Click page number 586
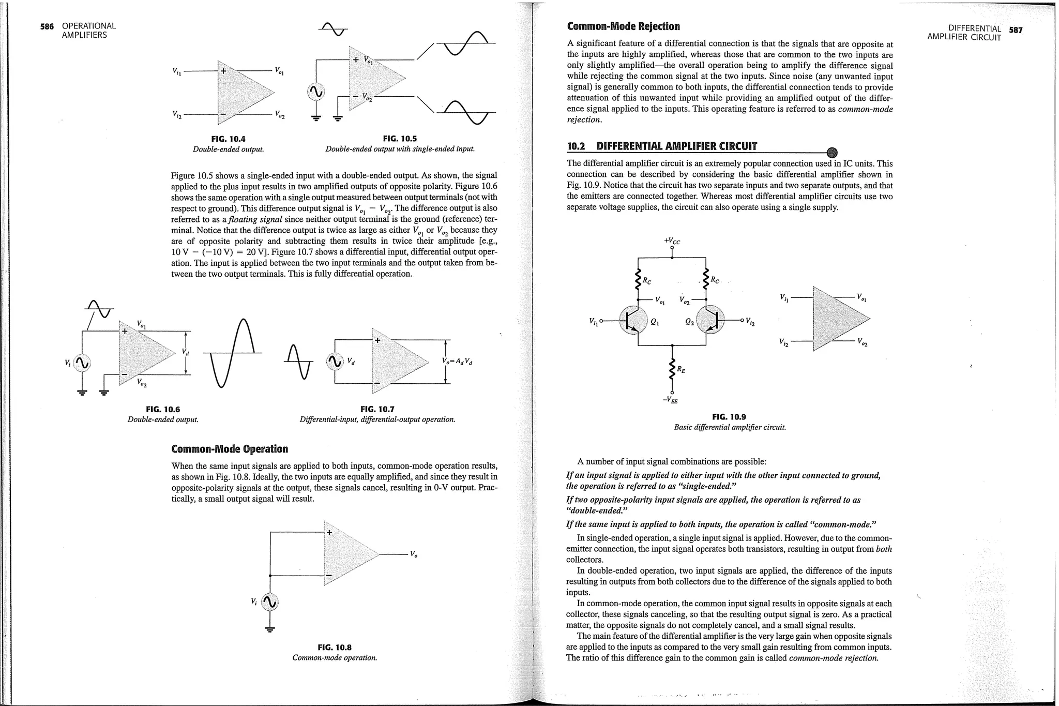[47, 26]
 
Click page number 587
[1016, 30]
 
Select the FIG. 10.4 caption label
[228, 139]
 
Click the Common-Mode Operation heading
[229, 449]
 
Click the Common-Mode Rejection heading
[623, 26]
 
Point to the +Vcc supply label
[672, 241]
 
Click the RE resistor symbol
[672, 368]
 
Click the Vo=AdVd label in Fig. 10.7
[458, 362]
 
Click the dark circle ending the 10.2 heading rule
[831, 152]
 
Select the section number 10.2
[576, 146]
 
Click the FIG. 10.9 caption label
[729, 417]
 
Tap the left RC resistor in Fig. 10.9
[638, 280]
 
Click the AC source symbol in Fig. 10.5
[315, 93]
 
